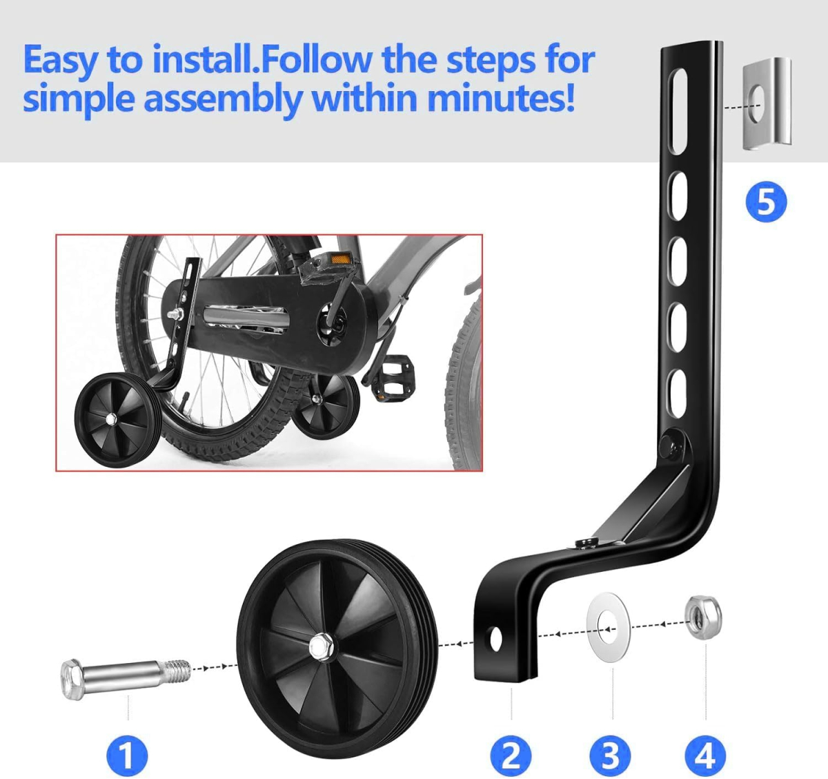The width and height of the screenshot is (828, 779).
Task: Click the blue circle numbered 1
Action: point(127,756)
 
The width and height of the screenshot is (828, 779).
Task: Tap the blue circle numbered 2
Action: point(511,756)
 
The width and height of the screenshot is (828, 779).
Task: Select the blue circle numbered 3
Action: point(610,756)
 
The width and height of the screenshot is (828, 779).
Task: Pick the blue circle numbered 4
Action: point(705,756)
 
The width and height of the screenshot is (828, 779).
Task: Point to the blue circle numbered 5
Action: point(767,202)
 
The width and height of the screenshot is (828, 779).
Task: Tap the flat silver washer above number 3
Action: point(609,628)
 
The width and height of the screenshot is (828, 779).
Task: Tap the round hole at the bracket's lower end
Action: point(496,638)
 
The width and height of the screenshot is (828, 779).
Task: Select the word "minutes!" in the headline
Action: point(501,99)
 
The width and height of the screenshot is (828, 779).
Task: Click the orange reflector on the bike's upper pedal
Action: point(341,259)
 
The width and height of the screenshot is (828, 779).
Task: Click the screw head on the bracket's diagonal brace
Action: point(585,542)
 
